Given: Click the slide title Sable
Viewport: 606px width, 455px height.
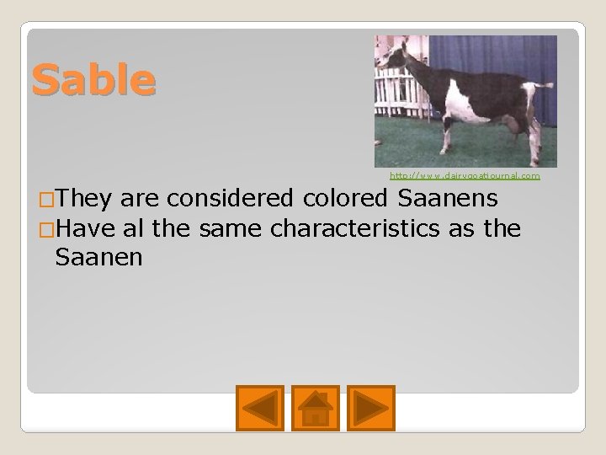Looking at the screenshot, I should pyautogui.click(x=93, y=79).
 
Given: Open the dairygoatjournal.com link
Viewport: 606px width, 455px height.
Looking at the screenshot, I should pyautogui.click(x=464, y=176).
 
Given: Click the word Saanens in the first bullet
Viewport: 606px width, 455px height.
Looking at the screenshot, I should pyautogui.click(x=455, y=200).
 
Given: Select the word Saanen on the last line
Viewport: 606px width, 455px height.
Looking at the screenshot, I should pyautogui.click(x=98, y=256).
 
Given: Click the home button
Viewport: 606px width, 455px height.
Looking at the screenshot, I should pyautogui.click(x=315, y=409).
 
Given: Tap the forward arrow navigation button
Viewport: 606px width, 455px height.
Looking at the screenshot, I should pyautogui.click(x=370, y=409).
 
